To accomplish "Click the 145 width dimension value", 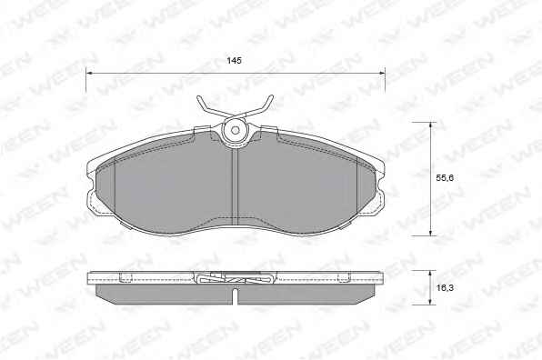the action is (x=234, y=61).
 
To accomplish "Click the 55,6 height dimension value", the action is (x=445, y=178).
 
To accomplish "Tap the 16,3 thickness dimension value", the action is (x=445, y=287).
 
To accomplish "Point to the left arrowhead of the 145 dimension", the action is (x=89, y=74).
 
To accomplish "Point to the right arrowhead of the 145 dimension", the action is (x=382, y=74).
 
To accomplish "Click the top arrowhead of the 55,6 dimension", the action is (x=430, y=125).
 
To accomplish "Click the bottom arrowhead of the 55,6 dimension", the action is (x=430, y=233).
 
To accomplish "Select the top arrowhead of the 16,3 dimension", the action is (x=430, y=274).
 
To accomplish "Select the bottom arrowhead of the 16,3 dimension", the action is (x=430, y=302).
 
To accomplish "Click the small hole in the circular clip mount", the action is (x=236, y=130).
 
